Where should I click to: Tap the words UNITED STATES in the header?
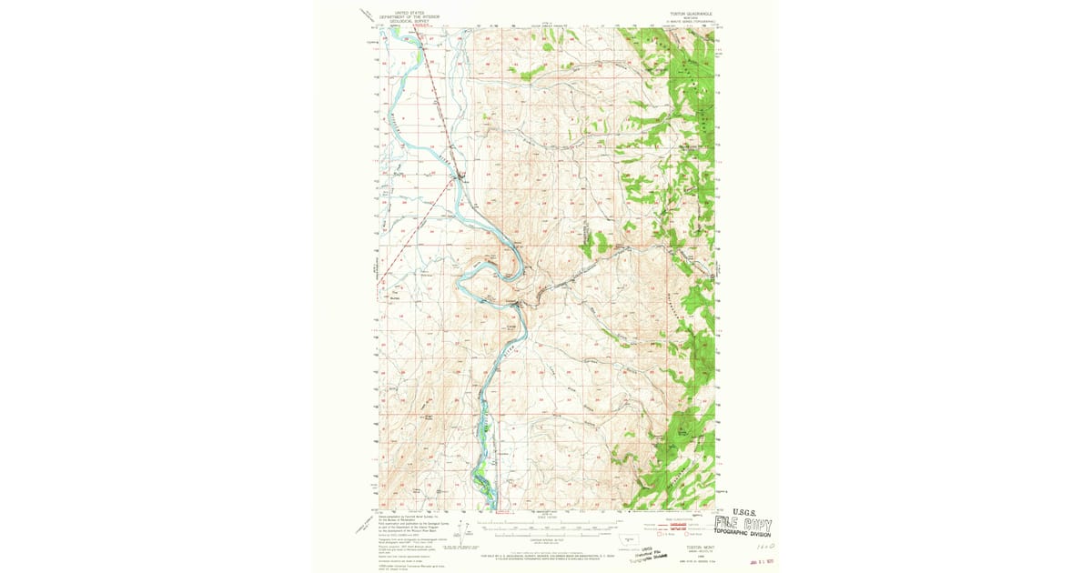coord(409,13)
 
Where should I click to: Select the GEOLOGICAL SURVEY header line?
coord(409,21)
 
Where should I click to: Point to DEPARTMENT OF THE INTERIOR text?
coord(409,17)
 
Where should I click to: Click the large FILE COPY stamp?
coord(743,525)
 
